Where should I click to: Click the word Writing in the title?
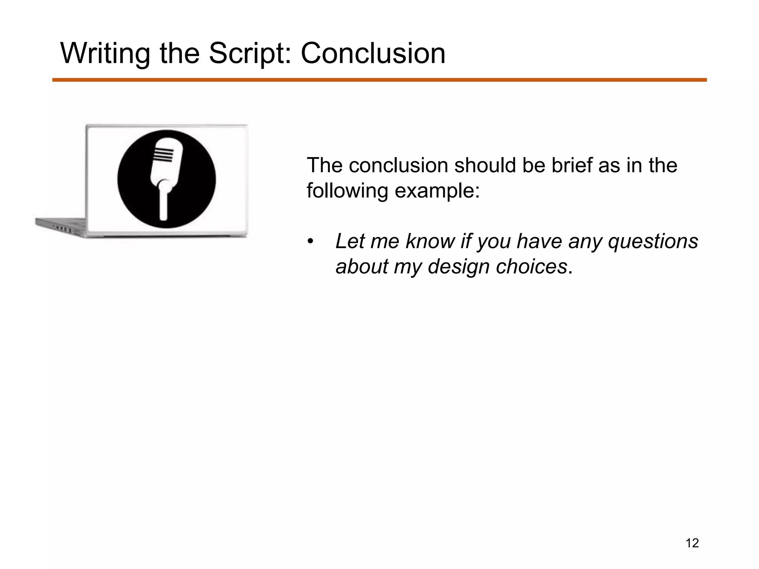[x=105, y=54]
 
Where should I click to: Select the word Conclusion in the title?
[x=373, y=54]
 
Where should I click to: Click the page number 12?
[x=692, y=543]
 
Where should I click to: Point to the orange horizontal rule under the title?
[x=379, y=80]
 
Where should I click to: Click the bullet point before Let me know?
[x=311, y=242]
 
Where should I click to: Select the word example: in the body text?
[x=437, y=191]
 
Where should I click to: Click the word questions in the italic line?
[x=653, y=241]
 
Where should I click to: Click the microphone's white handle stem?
[x=164, y=202]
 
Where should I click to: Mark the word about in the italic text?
[x=361, y=267]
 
